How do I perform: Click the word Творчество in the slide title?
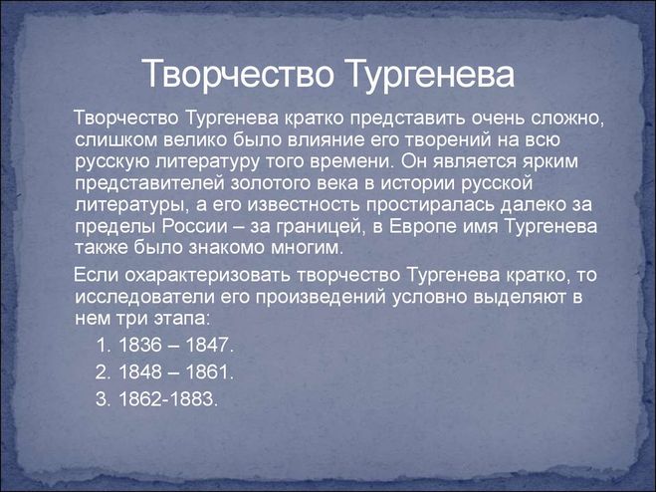238,74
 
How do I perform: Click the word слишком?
115,139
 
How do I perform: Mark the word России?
195,227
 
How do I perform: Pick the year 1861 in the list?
207,372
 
